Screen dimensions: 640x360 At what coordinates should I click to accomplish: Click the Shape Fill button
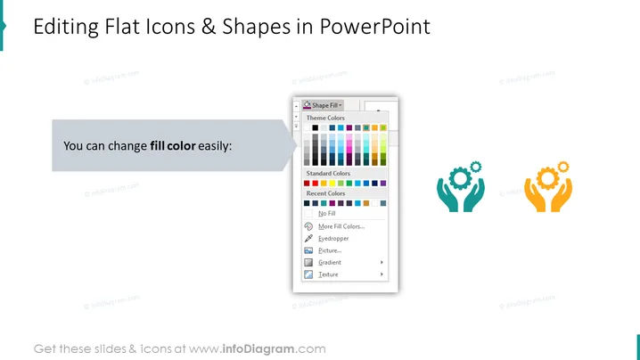323,105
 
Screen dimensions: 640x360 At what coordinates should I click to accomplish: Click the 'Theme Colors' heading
325,118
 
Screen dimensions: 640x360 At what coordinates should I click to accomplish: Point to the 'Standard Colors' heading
328,174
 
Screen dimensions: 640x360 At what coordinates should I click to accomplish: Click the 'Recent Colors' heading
325,193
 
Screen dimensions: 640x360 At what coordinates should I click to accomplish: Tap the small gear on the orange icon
563,167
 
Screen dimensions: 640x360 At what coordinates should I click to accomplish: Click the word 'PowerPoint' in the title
374,27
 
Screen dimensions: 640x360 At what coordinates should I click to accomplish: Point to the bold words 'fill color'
173,146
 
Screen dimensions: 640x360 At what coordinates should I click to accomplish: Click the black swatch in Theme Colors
316,127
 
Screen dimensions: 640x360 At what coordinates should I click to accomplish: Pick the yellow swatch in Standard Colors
332,184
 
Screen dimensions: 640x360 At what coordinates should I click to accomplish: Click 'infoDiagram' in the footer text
258,349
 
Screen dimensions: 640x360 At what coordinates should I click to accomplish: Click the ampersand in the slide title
209,27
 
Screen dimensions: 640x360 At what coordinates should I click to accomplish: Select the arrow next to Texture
382,274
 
